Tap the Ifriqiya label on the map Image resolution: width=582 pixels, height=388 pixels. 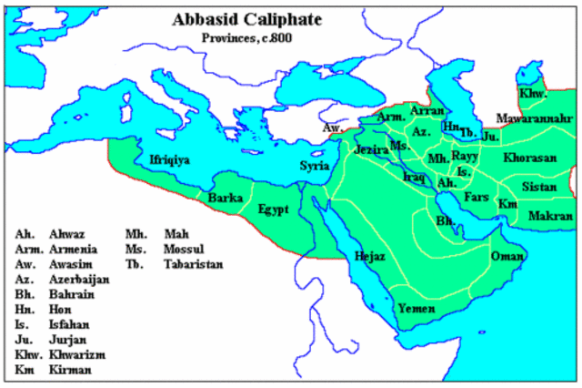click(169, 160)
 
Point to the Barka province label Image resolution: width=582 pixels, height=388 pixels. click(225, 197)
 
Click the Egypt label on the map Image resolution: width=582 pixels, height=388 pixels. click(273, 209)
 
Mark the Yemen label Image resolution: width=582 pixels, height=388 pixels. click(415, 308)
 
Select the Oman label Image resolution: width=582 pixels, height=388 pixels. click(507, 256)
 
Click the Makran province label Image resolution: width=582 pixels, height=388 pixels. click(550, 216)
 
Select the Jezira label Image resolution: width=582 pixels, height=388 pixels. click(371, 149)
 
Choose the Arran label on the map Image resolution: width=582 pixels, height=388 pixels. click(426, 110)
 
